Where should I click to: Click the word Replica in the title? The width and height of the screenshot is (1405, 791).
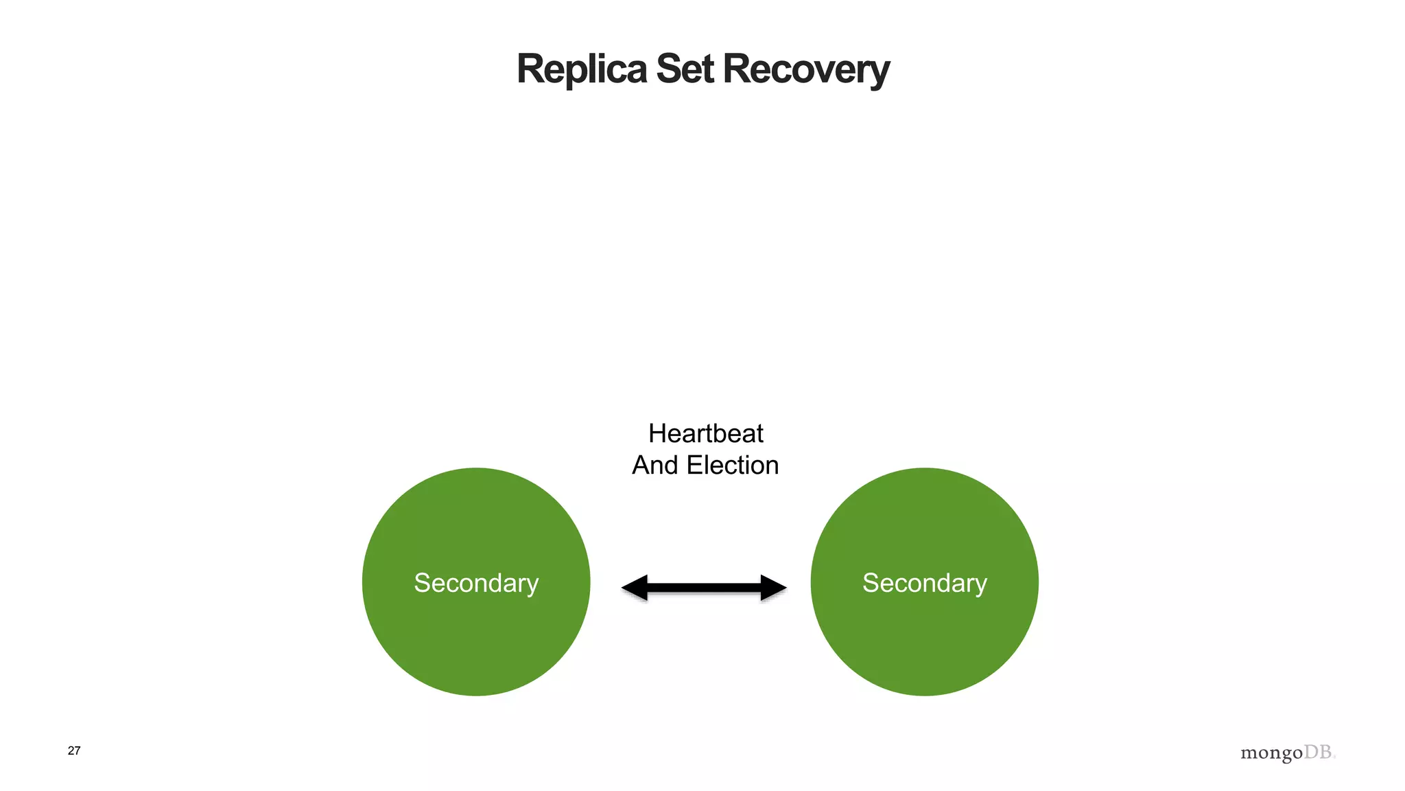pyautogui.click(x=581, y=69)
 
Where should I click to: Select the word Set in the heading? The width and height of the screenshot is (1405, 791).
pyautogui.click(x=685, y=69)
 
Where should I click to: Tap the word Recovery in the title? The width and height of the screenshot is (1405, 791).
pyautogui.click(x=806, y=71)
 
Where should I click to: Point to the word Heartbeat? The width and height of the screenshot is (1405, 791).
pyautogui.click(x=705, y=434)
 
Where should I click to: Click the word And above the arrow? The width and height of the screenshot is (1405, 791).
pyautogui.click(x=655, y=466)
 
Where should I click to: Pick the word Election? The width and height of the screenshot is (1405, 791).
pyautogui.click(x=733, y=466)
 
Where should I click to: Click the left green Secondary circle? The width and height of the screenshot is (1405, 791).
pyautogui.click(x=476, y=639)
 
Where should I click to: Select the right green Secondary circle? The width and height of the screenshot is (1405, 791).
pyautogui.click(x=924, y=639)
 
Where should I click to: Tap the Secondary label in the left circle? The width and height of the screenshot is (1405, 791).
pyautogui.click(x=476, y=583)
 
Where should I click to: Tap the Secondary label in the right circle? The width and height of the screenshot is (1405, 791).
pyautogui.click(x=924, y=583)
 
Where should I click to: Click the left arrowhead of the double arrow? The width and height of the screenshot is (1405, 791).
pyautogui.click(x=634, y=588)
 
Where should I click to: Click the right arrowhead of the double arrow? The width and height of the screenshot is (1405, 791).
pyautogui.click(x=773, y=588)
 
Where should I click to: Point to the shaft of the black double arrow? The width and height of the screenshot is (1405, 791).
pyautogui.click(x=704, y=588)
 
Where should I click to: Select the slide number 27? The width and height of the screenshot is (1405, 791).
pyautogui.click(x=74, y=750)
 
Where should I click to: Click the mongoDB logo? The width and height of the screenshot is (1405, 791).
pyautogui.click(x=1288, y=753)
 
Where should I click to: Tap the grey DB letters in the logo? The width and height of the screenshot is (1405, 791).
pyautogui.click(x=1318, y=752)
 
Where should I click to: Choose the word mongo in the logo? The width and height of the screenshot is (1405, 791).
pyautogui.click(x=1271, y=753)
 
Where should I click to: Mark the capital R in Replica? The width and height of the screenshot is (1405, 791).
pyautogui.click(x=530, y=69)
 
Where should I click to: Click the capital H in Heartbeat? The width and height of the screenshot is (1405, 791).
pyautogui.click(x=657, y=434)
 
